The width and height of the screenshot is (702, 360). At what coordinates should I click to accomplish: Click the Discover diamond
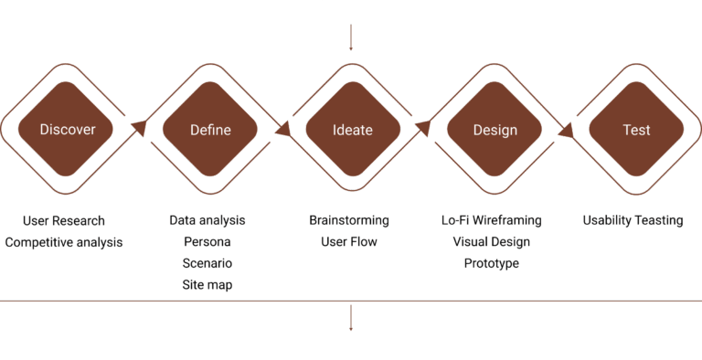tap(66, 129)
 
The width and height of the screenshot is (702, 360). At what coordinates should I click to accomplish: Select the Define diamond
tap(210, 129)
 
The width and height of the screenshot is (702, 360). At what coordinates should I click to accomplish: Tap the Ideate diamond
tap(353, 129)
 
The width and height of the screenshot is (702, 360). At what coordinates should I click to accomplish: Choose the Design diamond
tap(495, 129)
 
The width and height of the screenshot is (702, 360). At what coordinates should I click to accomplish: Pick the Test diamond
tap(636, 129)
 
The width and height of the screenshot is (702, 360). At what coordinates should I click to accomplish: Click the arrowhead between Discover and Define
tap(140, 128)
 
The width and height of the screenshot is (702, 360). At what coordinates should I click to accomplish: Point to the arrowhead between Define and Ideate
tap(283, 129)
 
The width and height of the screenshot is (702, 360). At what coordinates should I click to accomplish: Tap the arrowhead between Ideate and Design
tap(423, 128)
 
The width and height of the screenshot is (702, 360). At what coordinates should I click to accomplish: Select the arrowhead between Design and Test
tap(567, 130)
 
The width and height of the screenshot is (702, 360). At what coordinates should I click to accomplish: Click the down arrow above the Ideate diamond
tap(351, 37)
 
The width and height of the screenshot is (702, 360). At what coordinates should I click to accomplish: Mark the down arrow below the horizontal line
tap(351, 318)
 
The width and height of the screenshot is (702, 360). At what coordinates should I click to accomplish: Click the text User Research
tap(64, 221)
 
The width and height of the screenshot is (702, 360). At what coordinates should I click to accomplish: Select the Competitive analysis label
tap(64, 242)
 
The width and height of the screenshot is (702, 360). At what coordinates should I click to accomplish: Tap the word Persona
tap(207, 242)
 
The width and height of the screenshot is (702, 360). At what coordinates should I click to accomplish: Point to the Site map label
tap(207, 285)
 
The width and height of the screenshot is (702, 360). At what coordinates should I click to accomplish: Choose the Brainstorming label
tap(349, 220)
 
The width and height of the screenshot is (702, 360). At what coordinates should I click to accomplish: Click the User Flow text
tap(349, 242)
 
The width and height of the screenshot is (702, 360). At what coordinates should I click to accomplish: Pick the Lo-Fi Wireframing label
tap(492, 220)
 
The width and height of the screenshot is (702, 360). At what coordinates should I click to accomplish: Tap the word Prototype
tap(492, 263)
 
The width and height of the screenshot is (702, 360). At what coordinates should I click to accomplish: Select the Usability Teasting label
tap(633, 220)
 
